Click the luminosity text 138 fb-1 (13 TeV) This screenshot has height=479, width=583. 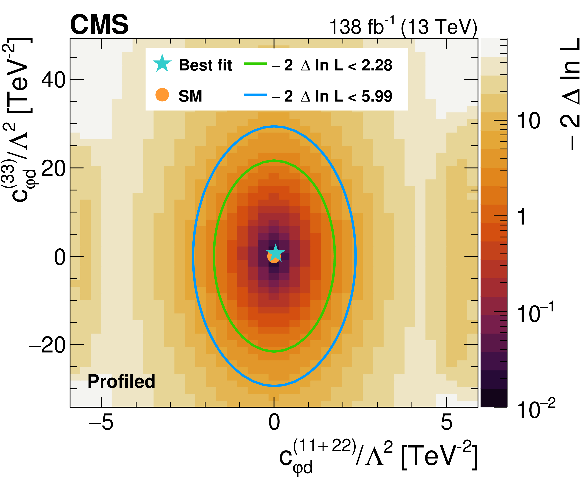click(x=403, y=27)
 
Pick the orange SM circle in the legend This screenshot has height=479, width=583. click(x=162, y=95)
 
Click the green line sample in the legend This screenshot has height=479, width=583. click(x=255, y=64)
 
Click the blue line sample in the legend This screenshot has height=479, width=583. click(x=255, y=95)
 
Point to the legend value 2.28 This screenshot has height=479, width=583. click(x=377, y=65)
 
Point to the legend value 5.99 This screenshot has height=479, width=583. click(x=377, y=96)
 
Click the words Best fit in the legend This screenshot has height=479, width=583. click(x=205, y=65)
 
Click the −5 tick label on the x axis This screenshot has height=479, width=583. click(x=101, y=422)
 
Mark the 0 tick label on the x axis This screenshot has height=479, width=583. click(x=274, y=422)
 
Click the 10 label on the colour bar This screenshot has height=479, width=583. click(x=528, y=121)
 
